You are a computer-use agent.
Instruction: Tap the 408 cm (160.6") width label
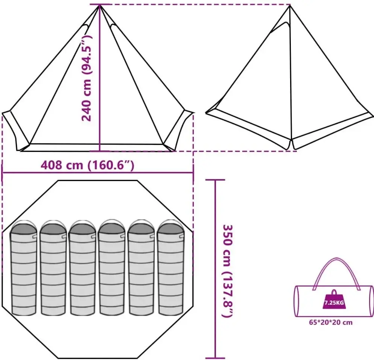click(x=88, y=165)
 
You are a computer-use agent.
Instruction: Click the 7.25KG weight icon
click(x=334, y=300)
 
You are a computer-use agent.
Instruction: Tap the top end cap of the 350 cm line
click(x=215, y=180)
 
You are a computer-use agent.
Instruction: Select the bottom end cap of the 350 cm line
click(x=215, y=358)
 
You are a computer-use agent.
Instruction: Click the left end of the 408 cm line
click(x=3, y=173)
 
